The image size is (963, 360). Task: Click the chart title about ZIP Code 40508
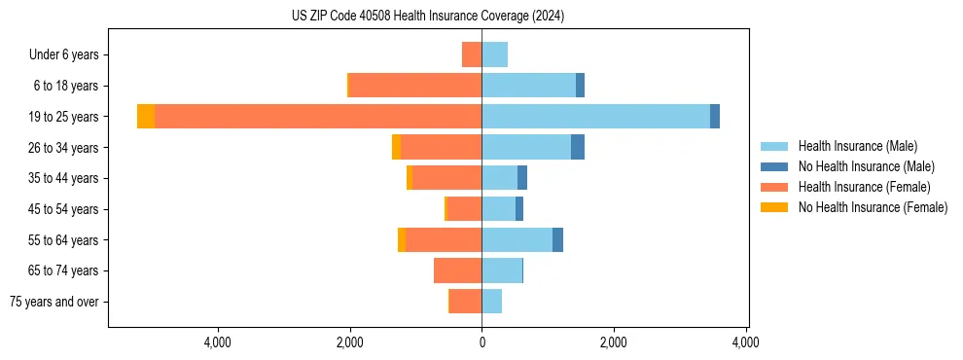pyautogui.click(x=427, y=17)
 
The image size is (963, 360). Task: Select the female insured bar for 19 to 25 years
pyautogui.click(x=317, y=117)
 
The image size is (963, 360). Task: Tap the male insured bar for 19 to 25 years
pyautogui.click(x=595, y=117)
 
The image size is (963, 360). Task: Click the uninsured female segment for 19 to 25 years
pyautogui.click(x=146, y=117)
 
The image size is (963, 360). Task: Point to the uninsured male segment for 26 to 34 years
pyautogui.click(x=578, y=147)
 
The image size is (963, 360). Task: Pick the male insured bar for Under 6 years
pyautogui.click(x=494, y=54)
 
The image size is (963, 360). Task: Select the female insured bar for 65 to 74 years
pyautogui.click(x=457, y=270)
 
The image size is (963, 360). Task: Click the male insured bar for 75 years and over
pyautogui.click(x=491, y=302)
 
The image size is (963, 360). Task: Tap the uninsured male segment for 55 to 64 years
pyautogui.click(x=557, y=239)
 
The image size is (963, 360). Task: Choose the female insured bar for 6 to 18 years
pyautogui.click(x=415, y=86)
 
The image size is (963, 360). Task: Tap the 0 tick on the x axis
pyautogui.click(x=481, y=342)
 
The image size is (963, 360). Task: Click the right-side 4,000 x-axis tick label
pyautogui.click(x=746, y=342)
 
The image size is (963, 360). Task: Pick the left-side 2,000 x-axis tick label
pyautogui.click(x=349, y=342)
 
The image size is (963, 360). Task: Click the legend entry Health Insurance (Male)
pyautogui.click(x=857, y=146)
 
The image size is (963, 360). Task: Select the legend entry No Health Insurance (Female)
pyautogui.click(x=873, y=207)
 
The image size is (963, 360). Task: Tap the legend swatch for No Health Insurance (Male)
pyautogui.click(x=774, y=166)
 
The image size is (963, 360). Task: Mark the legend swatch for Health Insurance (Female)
pyautogui.click(x=774, y=187)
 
